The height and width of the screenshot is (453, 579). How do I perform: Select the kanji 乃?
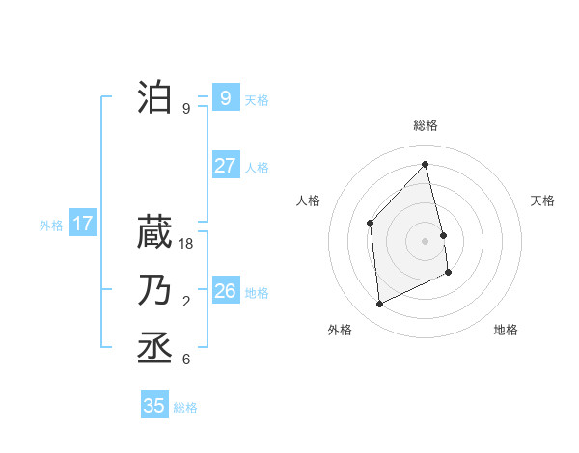click(154, 290)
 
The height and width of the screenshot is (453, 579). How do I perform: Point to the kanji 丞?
click(154, 347)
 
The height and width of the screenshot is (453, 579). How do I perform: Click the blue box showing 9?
click(225, 97)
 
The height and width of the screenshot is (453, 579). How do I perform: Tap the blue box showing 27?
click(225, 165)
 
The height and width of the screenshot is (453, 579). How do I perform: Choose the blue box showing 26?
click(225, 290)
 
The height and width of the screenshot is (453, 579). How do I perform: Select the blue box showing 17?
click(82, 224)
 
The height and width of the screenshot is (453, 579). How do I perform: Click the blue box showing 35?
click(154, 405)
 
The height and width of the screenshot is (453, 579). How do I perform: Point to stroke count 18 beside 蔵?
click(187, 244)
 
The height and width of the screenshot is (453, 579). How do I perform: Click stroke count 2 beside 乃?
click(186, 302)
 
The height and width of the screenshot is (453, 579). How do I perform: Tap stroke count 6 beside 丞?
click(186, 360)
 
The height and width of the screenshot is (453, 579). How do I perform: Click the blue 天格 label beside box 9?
click(257, 99)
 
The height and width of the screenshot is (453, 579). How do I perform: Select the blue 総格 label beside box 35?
click(185, 408)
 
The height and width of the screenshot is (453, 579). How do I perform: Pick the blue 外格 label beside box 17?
click(51, 226)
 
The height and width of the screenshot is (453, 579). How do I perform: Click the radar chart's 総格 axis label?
click(426, 125)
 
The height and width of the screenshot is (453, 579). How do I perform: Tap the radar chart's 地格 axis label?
click(506, 330)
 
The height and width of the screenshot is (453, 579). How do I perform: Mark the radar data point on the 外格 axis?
click(379, 305)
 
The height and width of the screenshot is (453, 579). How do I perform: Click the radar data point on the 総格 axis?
click(426, 164)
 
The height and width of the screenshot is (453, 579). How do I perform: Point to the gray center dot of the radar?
click(426, 240)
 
